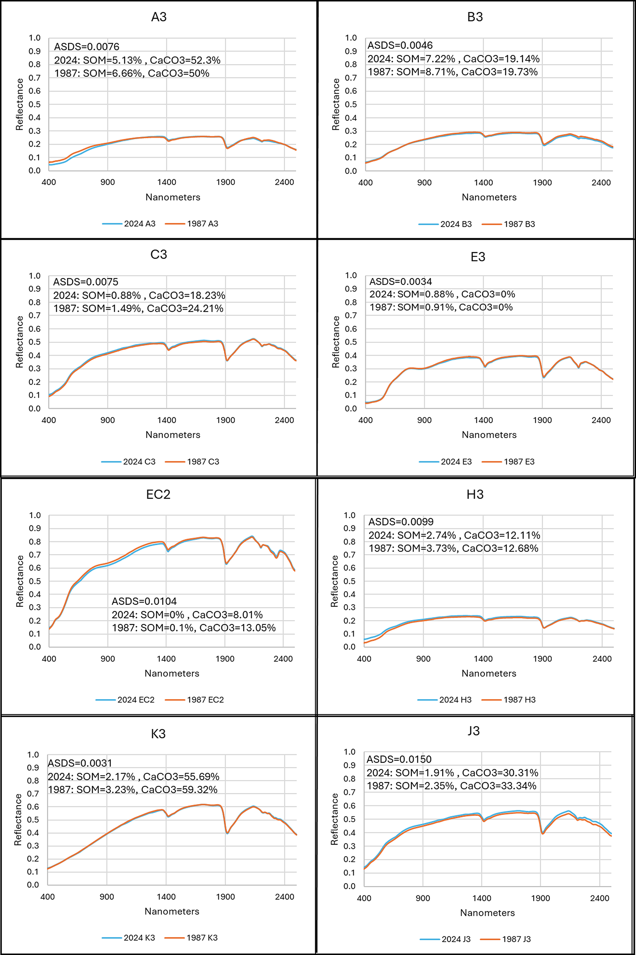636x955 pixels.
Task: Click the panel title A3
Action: pyautogui.click(x=158, y=17)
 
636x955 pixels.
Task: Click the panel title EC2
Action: pyautogui.click(x=158, y=494)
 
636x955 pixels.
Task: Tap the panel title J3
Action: pyautogui.click(x=473, y=731)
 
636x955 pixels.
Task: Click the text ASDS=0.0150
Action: pyautogui.click(x=399, y=759)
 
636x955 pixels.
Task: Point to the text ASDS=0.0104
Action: pyautogui.click(x=144, y=601)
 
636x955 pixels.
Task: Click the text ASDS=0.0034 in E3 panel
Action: pyautogui.click(x=400, y=281)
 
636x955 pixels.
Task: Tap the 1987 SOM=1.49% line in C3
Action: pyautogui.click(x=138, y=309)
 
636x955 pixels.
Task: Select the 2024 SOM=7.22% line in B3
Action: pyautogui.click(x=453, y=59)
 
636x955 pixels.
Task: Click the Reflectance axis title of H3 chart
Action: pyautogui.click(x=334, y=581)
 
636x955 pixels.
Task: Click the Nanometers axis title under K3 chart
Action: pyautogui.click(x=172, y=911)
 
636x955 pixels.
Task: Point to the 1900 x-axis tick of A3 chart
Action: pyautogui.click(x=226, y=182)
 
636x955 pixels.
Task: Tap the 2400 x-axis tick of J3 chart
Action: pyautogui.click(x=599, y=898)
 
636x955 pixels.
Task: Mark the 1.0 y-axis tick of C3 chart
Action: pyautogui.click(x=35, y=276)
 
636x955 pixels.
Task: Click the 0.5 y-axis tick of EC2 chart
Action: pyautogui.click(x=35, y=581)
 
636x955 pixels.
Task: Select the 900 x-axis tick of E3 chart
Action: pyautogui.click(x=424, y=420)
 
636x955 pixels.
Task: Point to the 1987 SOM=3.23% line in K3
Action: pyautogui.click(x=133, y=790)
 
